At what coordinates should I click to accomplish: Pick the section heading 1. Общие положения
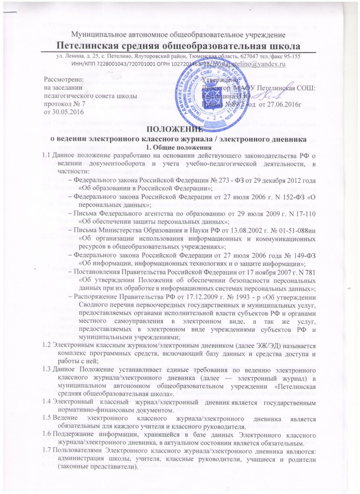click(179, 146)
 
